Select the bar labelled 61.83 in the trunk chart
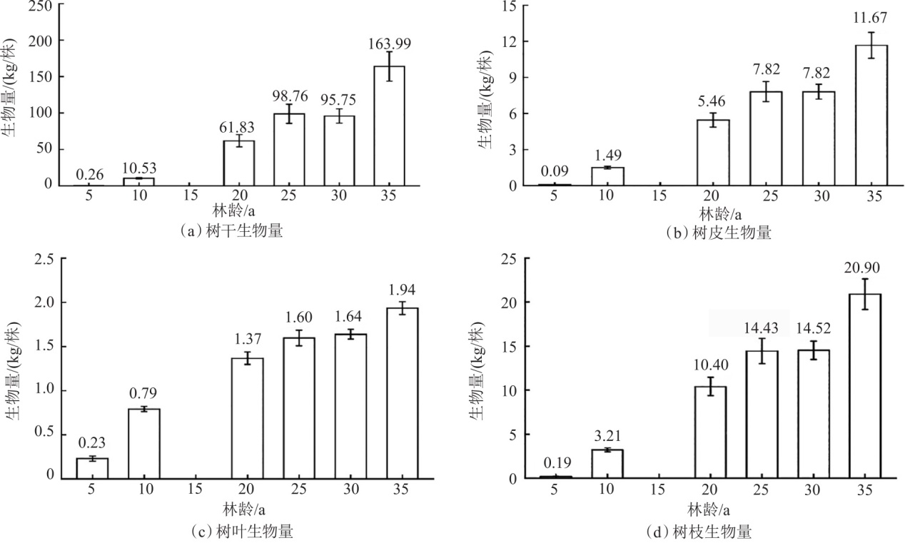(x=239, y=163)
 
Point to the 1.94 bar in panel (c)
(x=403, y=392)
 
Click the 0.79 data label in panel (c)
(x=144, y=393)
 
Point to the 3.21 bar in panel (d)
(x=607, y=463)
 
